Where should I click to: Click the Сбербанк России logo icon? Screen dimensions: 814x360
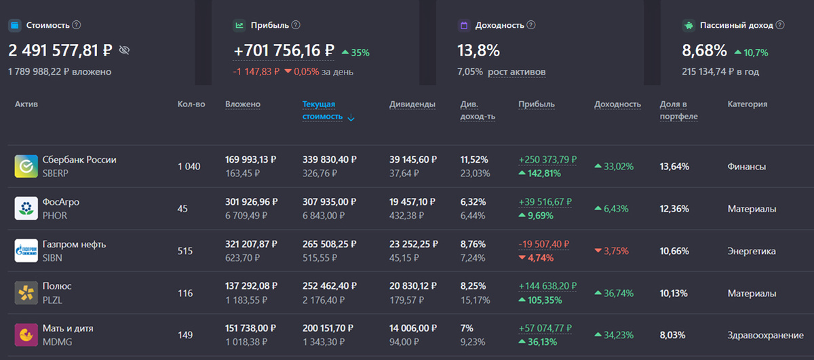pos(26,166)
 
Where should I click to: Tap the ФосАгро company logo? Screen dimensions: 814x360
pos(26,209)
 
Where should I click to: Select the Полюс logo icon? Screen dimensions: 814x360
pos(26,293)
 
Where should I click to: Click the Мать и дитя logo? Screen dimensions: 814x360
pos(26,335)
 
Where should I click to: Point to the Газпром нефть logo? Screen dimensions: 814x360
pos(26,251)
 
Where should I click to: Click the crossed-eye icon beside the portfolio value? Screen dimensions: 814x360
pos(124,50)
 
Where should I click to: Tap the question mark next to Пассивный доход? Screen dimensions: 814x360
pos(780,25)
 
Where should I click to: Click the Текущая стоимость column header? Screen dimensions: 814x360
pos(322,110)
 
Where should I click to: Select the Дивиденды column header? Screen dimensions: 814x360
pos(412,104)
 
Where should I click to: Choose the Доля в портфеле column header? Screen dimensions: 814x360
pos(678,110)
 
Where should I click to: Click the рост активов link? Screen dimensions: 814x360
pos(516,72)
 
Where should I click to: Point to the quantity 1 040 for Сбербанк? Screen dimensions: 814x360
pos(189,166)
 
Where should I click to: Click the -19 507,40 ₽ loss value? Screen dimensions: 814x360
pos(543,244)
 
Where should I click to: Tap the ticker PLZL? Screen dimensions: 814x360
pos(52,300)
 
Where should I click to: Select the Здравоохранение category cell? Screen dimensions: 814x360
pos(765,335)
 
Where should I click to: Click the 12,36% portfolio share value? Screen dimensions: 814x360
pos(674,209)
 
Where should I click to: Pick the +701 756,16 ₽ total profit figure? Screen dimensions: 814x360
pos(284,50)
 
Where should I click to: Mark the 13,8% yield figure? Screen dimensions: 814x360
pos(478,50)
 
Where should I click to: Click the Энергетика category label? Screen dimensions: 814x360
pos(752,251)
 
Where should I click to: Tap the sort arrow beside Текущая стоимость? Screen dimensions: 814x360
pos(351,118)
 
